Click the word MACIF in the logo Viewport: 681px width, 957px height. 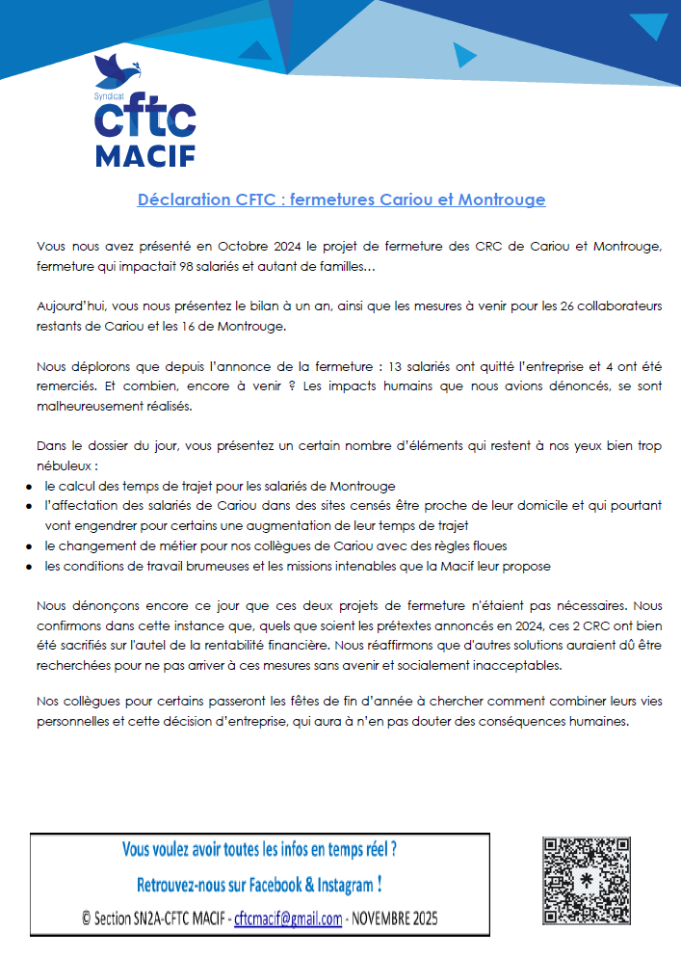pyautogui.click(x=146, y=155)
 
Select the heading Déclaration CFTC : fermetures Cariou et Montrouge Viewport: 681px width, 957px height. pyautogui.click(x=341, y=199)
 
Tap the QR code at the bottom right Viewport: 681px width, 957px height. pyautogui.click(x=587, y=882)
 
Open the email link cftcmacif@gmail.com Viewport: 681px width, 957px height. pyautogui.click(x=288, y=918)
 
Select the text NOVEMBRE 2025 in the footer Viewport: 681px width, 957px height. pyautogui.click(x=395, y=918)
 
